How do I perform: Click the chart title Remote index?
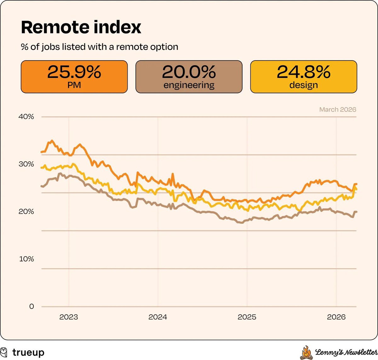coord(81,27)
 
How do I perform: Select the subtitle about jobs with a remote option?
coord(99,47)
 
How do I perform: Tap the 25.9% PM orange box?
coord(74,77)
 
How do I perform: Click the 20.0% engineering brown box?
coord(189,77)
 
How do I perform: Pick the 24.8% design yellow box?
coord(303,77)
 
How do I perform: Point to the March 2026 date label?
coord(337,109)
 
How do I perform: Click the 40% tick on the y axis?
coord(26,117)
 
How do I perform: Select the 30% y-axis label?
coord(26,164)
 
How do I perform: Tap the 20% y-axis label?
coord(26,212)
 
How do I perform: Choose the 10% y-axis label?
coord(26,259)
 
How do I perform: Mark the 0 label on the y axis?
coord(31,306)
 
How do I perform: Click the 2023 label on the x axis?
coord(69,317)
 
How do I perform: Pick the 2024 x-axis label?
coord(158,317)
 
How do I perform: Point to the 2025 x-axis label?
coord(247,317)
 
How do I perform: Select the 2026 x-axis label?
coord(336,317)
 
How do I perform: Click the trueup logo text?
coord(28,352)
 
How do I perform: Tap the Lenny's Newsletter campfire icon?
coord(306,353)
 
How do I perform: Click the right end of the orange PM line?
coord(356,184)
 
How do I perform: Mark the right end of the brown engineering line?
coord(356,212)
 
